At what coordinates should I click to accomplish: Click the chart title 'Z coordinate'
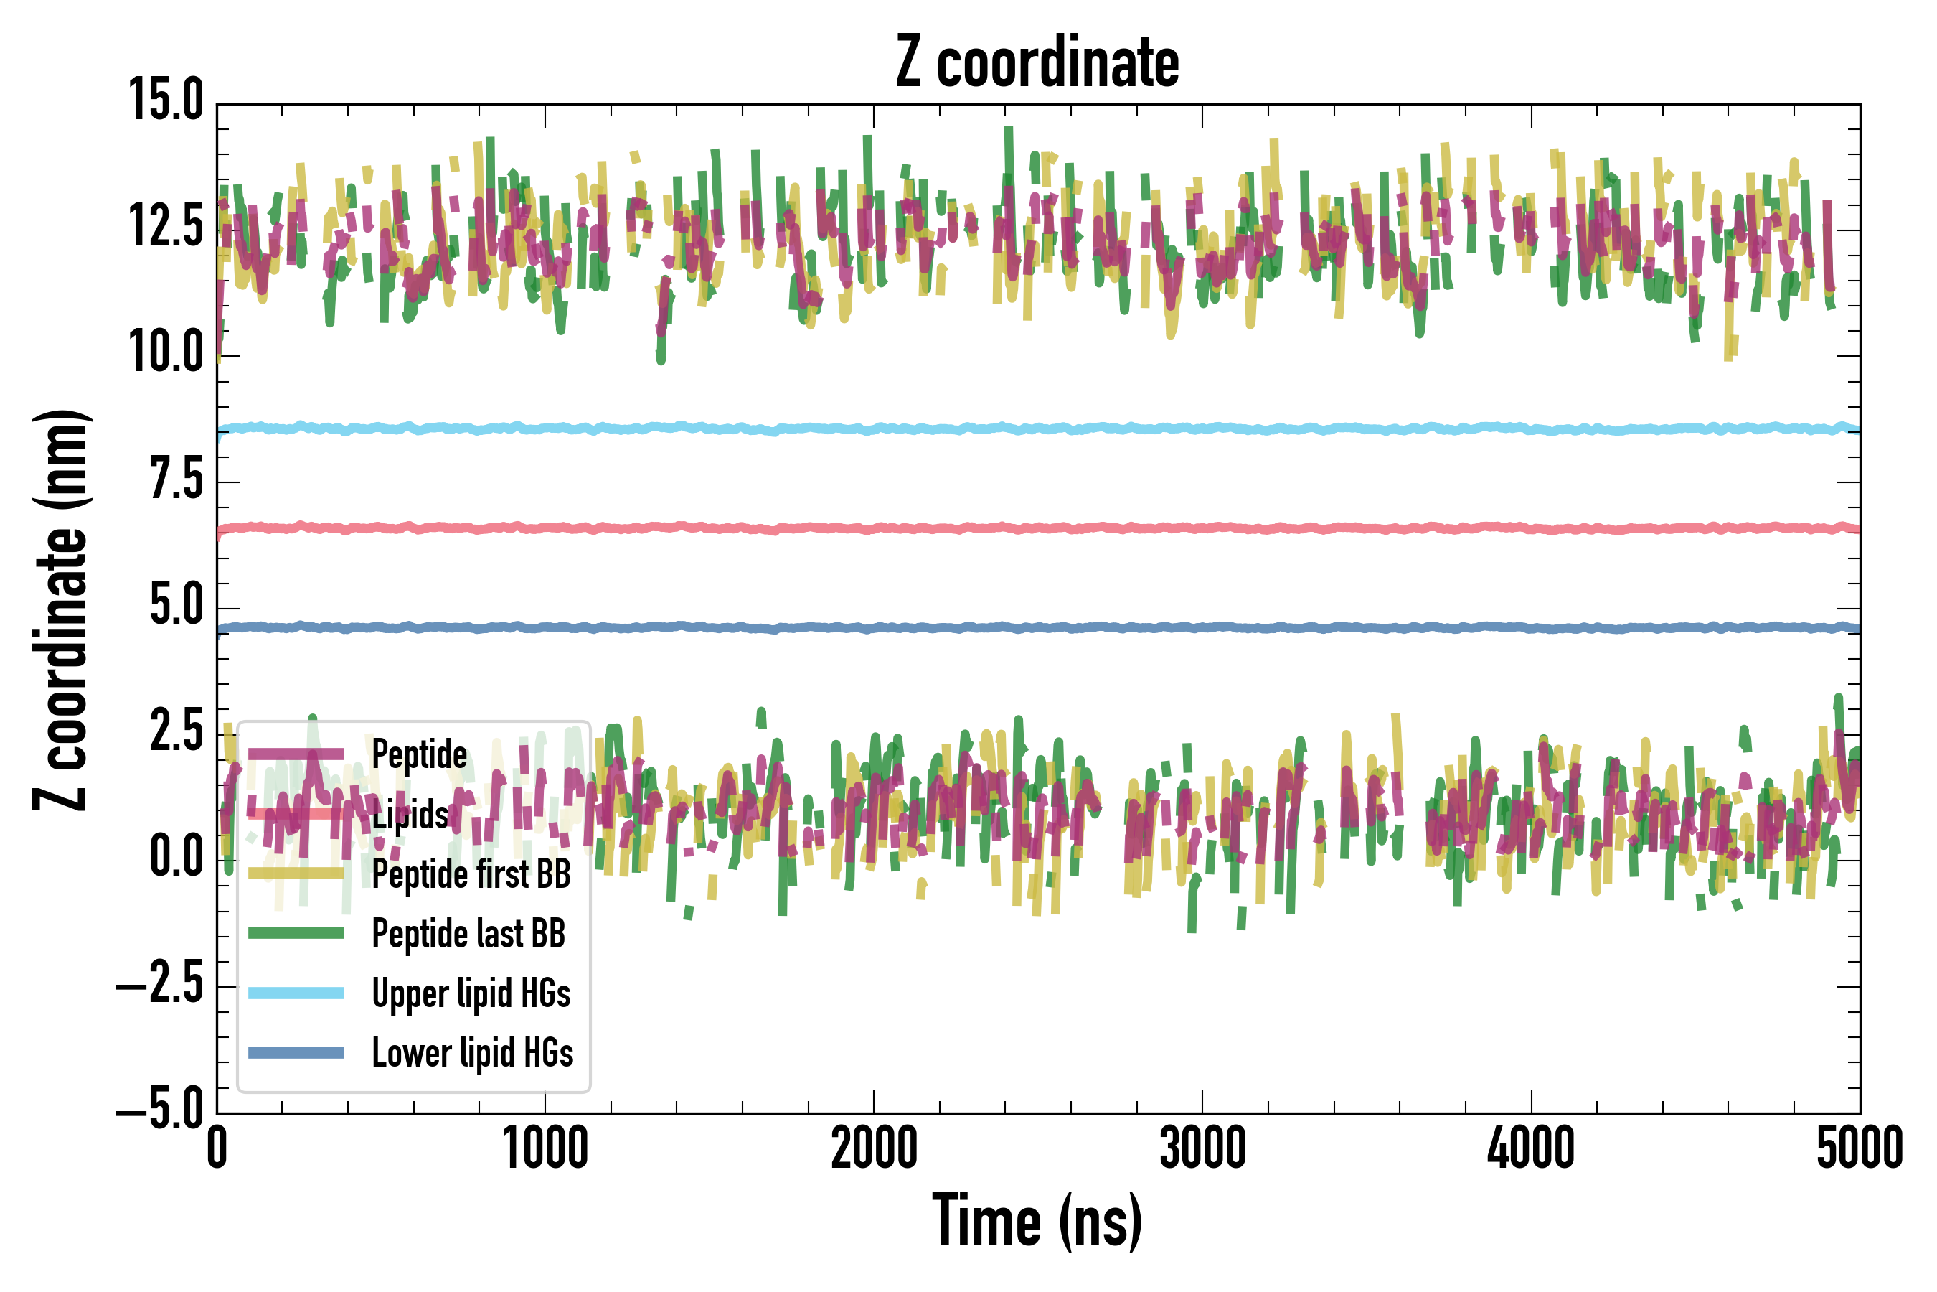(1037, 62)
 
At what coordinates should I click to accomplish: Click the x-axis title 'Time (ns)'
(1037, 1221)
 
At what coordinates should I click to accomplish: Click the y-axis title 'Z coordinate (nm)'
(62, 609)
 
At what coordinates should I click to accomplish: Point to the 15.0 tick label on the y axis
(166, 100)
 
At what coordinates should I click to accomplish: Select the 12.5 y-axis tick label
(166, 227)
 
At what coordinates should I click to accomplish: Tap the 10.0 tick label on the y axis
(166, 352)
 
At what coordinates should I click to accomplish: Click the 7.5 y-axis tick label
(176, 479)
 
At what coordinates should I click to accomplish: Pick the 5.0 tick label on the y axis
(176, 606)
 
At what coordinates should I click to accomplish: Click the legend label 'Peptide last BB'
(468, 934)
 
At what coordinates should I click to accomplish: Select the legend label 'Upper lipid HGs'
(471, 993)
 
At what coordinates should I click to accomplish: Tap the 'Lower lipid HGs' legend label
(472, 1053)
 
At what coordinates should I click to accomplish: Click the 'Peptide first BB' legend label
(471, 874)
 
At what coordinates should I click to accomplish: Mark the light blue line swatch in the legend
(296, 993)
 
